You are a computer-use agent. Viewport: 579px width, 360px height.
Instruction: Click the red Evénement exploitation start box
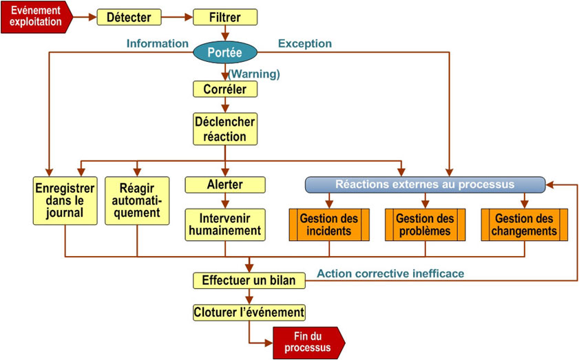36,17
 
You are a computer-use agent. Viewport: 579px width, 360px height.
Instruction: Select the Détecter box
129,17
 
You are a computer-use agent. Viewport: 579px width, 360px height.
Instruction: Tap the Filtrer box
225,17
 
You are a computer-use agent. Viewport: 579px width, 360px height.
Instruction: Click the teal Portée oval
225,52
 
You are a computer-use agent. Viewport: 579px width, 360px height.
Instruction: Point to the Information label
157,43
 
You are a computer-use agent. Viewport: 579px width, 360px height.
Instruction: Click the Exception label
304,43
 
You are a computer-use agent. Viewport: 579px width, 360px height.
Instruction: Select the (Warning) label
254,74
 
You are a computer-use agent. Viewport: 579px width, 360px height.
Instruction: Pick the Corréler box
225,89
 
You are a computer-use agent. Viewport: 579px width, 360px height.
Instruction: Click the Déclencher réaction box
225,129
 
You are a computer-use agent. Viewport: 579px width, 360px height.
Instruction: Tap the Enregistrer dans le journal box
65,200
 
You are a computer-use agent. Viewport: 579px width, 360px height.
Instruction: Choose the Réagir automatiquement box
137,200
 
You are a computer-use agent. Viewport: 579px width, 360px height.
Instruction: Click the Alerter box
225,184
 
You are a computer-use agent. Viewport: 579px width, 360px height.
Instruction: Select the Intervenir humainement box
225,224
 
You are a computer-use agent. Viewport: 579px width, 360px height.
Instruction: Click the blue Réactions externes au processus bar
425,184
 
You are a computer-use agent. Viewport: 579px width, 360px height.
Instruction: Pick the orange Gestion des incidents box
329,224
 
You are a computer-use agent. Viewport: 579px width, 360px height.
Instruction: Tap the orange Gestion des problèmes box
425,224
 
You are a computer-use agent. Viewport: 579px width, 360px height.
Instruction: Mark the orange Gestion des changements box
524,224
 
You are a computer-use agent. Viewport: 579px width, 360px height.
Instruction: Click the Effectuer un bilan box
249,280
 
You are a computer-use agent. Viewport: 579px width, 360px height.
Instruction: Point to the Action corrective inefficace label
390,273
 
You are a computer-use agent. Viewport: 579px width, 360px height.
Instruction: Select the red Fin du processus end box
308,342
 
